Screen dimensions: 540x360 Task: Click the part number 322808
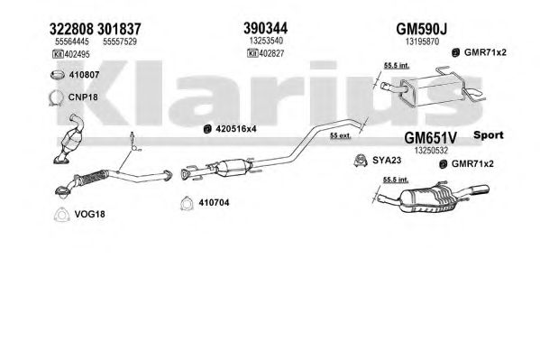point(71,29)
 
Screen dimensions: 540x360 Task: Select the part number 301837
point(119,29)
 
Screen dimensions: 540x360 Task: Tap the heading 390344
point(266,28)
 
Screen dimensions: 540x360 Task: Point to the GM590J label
point(422,29)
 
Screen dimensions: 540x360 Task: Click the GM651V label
point(430,138)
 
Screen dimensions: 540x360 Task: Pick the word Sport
point(489,135)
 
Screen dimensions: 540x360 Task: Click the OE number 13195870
point(422,42)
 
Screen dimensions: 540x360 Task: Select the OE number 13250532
point(431,151)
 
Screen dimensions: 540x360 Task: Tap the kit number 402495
point(77,54)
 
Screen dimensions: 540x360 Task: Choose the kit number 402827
point(271,53)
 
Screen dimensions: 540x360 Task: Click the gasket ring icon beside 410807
point(58,75)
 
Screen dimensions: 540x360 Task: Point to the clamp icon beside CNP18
point(56,97)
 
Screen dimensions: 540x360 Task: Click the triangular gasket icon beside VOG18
point(61,215)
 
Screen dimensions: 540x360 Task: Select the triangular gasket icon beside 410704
point(187,203)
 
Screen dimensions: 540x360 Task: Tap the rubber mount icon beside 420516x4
point(207,129)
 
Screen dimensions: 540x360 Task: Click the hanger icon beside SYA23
point(361,161)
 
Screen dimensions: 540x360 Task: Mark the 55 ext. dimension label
point(340,135)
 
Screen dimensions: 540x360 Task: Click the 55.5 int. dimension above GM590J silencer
point(397,66)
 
